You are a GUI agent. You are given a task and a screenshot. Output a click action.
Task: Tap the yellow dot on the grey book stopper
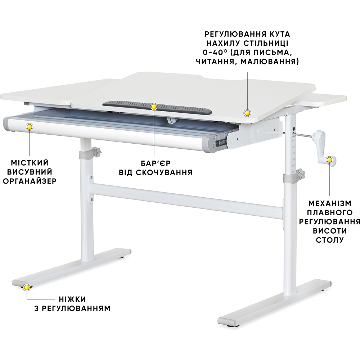pyautogui.click(x=154, y=107)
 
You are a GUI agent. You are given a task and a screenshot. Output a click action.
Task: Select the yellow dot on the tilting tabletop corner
pyautogui.click(x=247, y=113)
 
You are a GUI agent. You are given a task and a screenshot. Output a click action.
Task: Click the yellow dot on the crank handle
pyautogui.click(x=329, y=159)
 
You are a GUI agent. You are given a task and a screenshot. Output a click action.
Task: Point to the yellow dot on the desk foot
pyautogui.click(x=27, y=287)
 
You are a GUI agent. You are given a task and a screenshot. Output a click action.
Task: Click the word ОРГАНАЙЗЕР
pyautogui.click(x=30, y=181)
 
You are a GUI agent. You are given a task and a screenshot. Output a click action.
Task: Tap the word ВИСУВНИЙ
pyautogui.click(x=30, y=172)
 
